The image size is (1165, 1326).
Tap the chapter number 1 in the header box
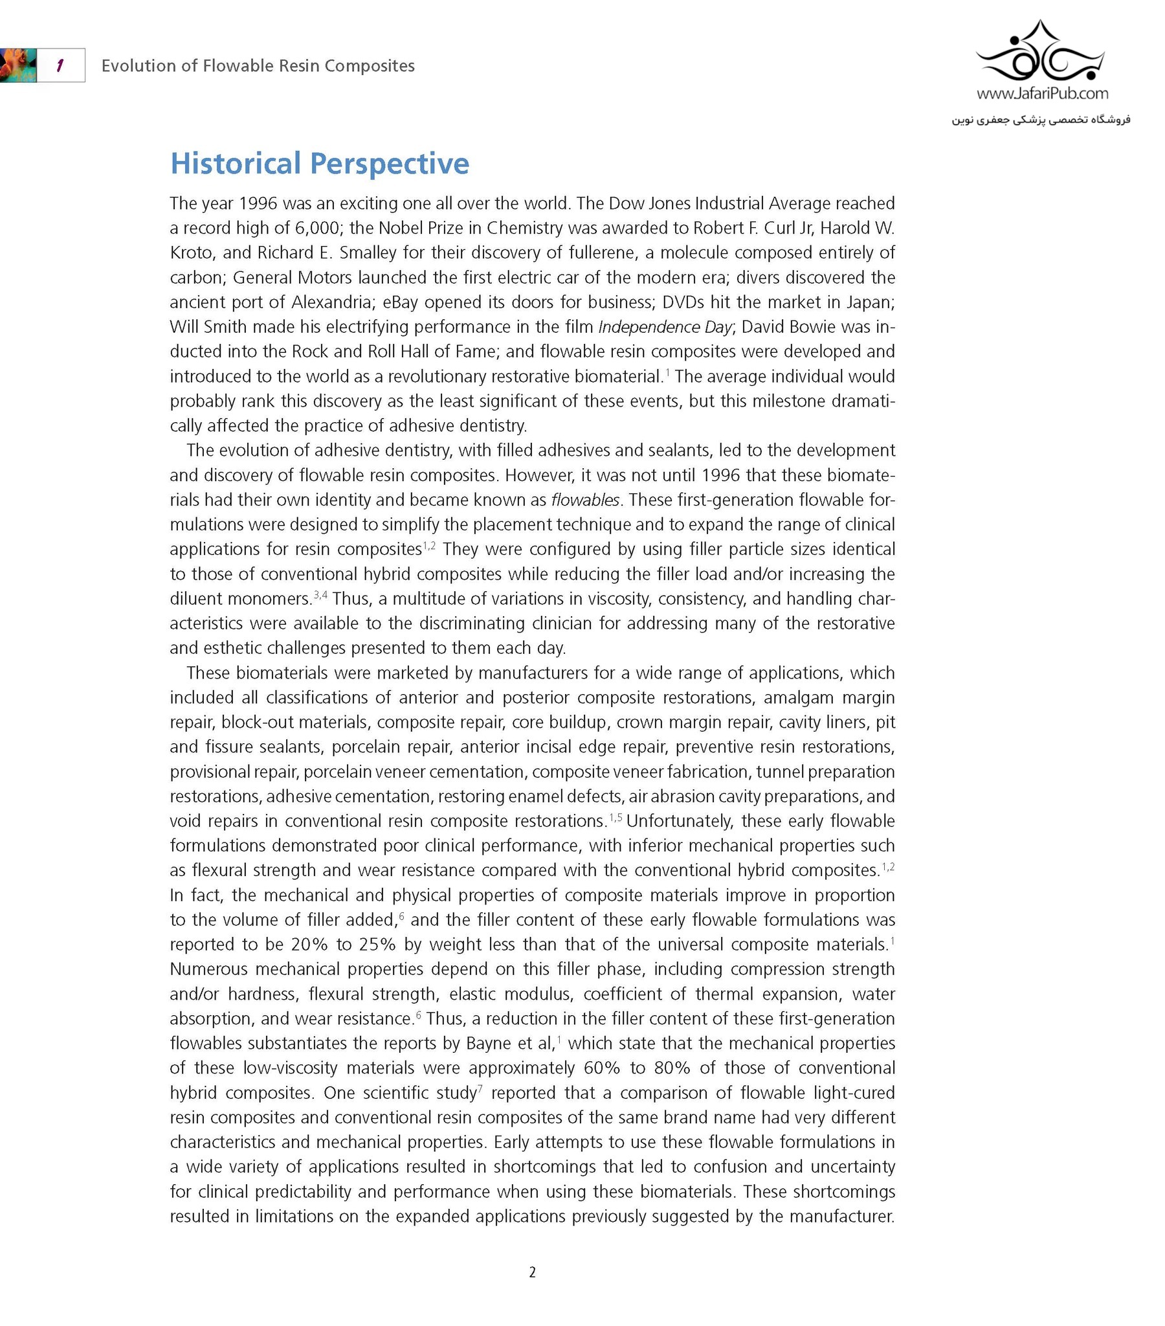coord(60,65)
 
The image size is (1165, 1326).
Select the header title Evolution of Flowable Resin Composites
coord(258,65)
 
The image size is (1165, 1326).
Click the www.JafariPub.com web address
coord(1042,93)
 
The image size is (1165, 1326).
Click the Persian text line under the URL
coord(1041,119)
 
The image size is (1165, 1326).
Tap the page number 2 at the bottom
coord(532,1272)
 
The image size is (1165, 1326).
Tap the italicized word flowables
coord(585,500)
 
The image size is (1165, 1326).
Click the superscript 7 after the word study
coord(480,1088)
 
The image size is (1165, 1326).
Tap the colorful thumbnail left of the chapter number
coord(17,65)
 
